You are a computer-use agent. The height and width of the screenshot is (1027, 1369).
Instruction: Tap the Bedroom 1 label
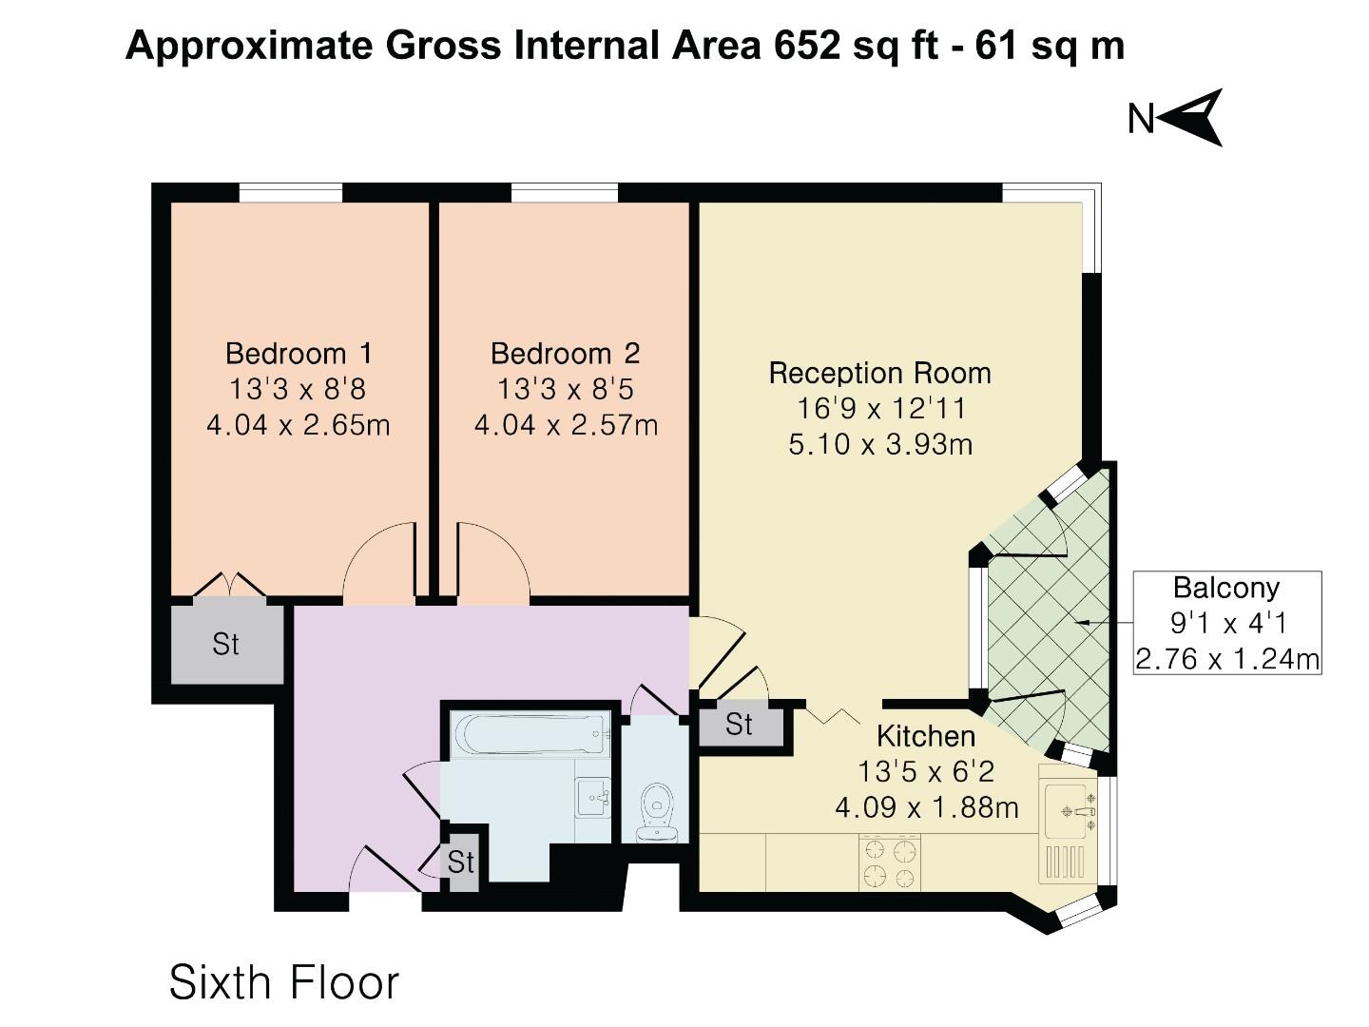[299, 354]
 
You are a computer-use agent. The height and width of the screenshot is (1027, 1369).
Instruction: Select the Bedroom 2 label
[566, 354]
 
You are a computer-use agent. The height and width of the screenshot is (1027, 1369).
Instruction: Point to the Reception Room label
[879, 373]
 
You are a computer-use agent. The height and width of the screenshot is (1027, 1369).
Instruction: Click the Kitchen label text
[925, 736]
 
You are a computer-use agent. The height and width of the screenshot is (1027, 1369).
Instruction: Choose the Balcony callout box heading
[1225, 588]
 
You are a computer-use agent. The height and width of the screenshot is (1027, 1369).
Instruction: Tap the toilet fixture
[656, 810]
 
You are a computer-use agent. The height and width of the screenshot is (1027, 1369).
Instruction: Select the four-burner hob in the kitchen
[890, 862]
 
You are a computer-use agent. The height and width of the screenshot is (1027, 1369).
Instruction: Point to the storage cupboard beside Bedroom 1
[226, 643]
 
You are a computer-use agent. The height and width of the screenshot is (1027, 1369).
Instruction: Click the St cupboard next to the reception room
[740, 725]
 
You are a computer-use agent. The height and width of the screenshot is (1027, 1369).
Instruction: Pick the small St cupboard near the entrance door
[461, 862]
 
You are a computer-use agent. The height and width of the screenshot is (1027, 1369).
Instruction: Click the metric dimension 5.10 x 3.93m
[879, 444]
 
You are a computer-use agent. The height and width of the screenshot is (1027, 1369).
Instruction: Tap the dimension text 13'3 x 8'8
[298, 389]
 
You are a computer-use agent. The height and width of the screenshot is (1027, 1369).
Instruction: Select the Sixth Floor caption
[283, 982]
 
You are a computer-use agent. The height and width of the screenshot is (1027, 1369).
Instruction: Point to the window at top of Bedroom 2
[564, 193]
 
